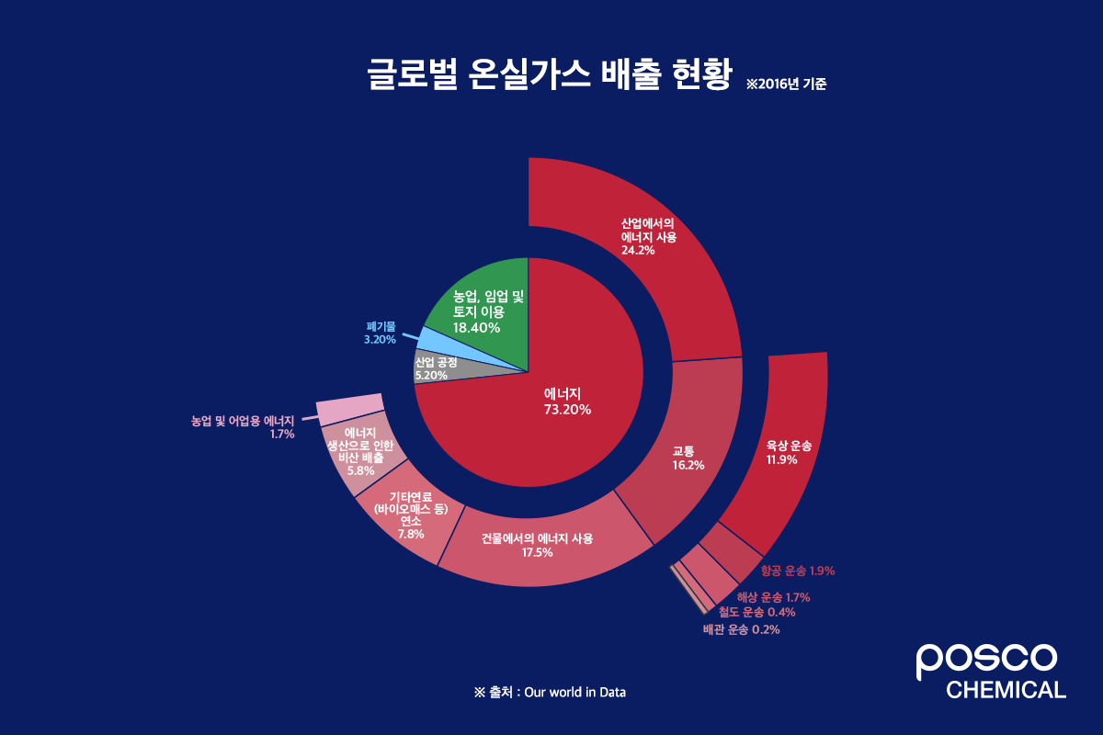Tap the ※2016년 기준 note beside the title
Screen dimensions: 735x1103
pos(786,84)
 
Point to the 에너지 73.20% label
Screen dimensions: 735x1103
pos(567,401)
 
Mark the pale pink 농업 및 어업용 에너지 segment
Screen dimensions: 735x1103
pos(349,409)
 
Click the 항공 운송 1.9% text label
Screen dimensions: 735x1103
pos(798,571)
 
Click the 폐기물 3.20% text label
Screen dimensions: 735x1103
pos(380,333)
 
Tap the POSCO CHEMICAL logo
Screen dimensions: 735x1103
pos(990,671)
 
